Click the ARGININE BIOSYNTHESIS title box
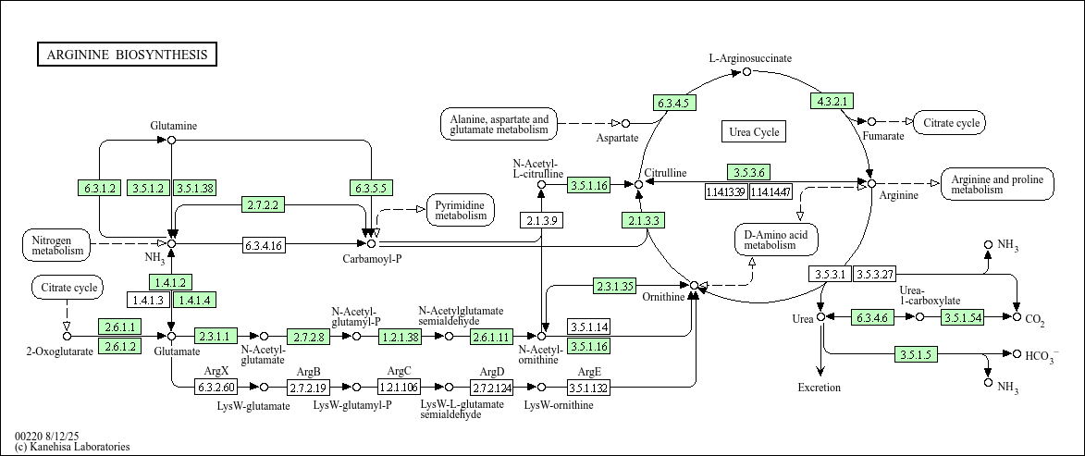click(x=127, y=55)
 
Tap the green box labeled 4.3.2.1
click(x=832, y=101)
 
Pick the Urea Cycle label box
click(x=754, y=132)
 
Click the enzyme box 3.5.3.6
click(x=747, y=172)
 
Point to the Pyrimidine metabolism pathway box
click(x=461, y=210)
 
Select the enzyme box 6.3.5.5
click(x=371, y=188)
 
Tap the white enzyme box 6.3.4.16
click(x=264, y=245)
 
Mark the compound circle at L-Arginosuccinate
click(x=747, y=71)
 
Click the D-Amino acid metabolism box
click(x=776, y=240)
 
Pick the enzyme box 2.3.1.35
click(x=615, y=286)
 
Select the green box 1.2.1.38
click(x=400, y=337)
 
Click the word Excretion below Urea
click(x=820, y=388)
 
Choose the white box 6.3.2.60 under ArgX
click(x=216, y=387)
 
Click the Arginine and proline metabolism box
click(x=997, y=184)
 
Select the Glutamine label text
click(x=174, y=125)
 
